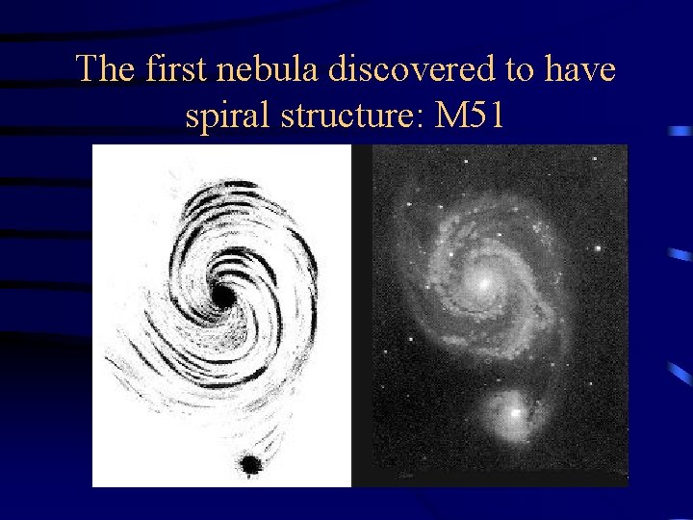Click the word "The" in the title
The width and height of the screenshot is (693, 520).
pos(107,69)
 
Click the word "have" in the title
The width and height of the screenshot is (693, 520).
pos(580,69)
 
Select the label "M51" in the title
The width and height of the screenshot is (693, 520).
pos(472,116)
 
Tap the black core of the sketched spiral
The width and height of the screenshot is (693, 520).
pos(223,296)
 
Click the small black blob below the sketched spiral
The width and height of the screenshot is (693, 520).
pos(252,465)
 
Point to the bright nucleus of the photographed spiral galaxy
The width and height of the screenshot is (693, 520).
pos(485,280)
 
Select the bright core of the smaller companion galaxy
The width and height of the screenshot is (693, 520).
pos(516,412)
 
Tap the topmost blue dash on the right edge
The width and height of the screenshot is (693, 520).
pos(680,130)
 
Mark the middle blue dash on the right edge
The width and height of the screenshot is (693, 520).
pos(680,254)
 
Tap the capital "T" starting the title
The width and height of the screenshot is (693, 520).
pos(88,69)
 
